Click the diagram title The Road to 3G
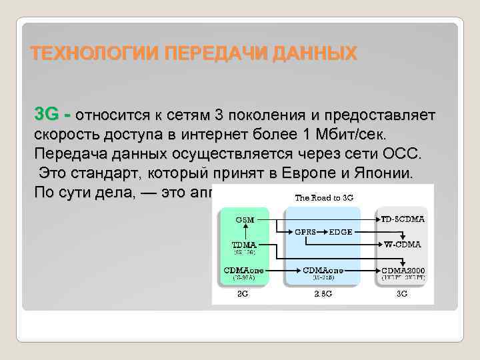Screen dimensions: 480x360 click(323, 197)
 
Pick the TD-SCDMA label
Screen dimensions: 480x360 click(403, 219)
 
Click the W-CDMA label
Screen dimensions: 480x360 click(402, 244)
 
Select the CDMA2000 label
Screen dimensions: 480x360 click(403, 270)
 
